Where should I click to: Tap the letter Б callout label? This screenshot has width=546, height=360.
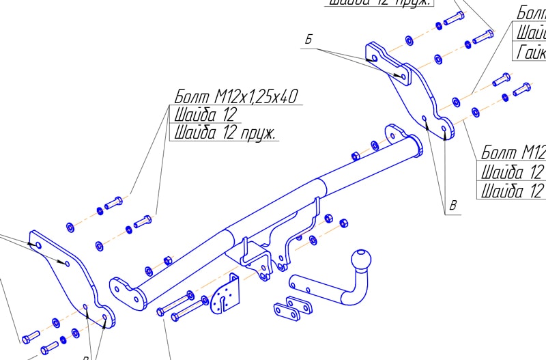click(308, 40)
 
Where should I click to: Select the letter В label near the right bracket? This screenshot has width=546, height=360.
click(452, 205)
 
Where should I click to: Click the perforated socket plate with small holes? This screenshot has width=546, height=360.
click(226, 295)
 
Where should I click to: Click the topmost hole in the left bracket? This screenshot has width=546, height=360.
click(38, 245)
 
